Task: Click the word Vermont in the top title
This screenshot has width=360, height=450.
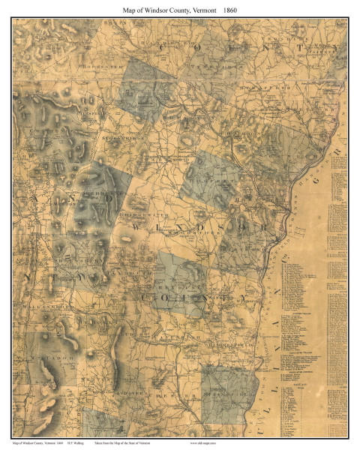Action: click(202, 10)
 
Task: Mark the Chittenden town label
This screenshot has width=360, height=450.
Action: click(41, 132)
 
